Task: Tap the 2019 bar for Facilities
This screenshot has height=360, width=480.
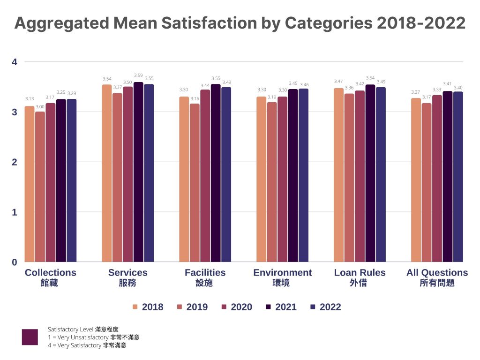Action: (195, 183)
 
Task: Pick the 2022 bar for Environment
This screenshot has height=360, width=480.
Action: (303, 175)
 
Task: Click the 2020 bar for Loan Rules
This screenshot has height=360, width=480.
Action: (360, 176)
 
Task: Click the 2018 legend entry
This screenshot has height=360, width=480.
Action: (148, 307)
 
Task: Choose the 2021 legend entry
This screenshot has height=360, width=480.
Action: (281, 307)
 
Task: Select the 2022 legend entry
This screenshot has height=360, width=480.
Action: (325, 307)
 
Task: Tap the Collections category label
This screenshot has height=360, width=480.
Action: (50, 273)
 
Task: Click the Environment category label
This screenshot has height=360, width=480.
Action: (282, 273)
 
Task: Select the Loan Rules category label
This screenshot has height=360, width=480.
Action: (360, 273)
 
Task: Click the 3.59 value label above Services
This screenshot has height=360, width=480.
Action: (138, 75)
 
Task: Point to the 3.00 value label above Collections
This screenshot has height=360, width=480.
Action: (40, 107)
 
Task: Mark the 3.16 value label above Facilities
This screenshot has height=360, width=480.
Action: (195, 99)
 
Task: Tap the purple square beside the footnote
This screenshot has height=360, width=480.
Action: (30, 337)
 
